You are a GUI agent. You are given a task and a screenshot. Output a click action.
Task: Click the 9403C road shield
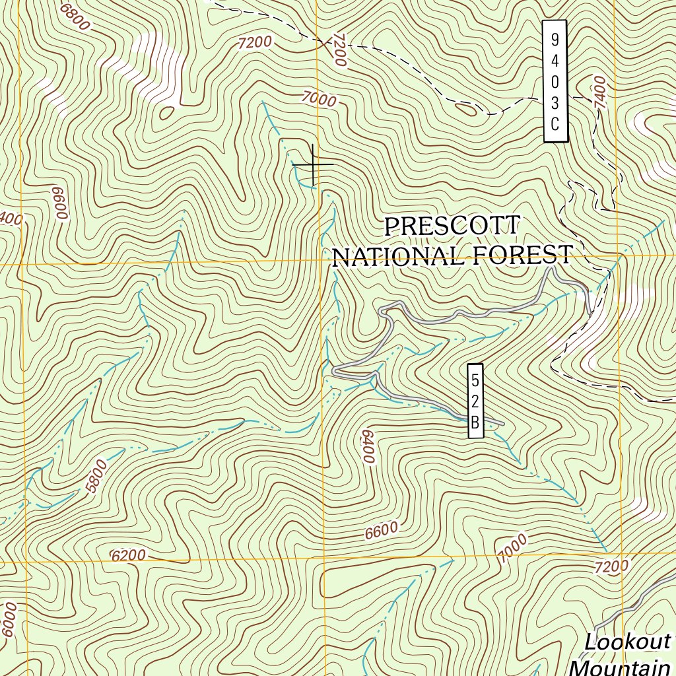(555, 81)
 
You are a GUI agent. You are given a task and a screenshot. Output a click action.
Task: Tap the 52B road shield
(475, 401)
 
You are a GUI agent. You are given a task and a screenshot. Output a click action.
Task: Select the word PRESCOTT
(452, 226)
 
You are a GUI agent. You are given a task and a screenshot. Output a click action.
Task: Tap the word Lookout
(627, 642)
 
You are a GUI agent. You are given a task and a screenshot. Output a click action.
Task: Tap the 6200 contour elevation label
(128, 556)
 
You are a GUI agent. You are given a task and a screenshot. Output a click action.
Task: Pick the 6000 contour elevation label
(8, 620)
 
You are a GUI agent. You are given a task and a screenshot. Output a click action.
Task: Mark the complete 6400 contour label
(368, 447)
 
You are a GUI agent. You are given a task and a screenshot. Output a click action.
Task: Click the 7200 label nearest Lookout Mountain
(611, 566)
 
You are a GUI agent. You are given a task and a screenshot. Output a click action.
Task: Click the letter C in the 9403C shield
(555, 123)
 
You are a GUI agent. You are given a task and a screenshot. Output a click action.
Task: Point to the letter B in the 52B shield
(475, 422)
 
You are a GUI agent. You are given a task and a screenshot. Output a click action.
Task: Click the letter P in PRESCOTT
(392, 226)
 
